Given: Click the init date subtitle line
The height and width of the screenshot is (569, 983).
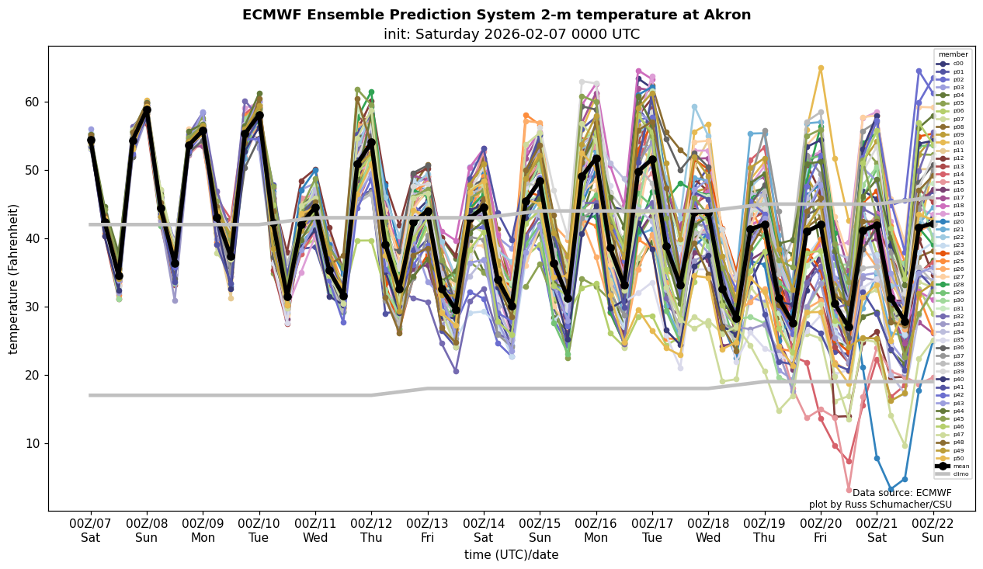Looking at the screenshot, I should [x=512, y=34].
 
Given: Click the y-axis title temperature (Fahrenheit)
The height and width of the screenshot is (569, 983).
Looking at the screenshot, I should [x=14, y=279].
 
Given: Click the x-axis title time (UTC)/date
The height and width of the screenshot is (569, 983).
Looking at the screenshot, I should [x=511, y=555].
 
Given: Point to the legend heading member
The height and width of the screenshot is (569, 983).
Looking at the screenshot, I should [x=953, y=55].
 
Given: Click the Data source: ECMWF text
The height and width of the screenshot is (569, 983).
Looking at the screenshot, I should [x=901, y=493].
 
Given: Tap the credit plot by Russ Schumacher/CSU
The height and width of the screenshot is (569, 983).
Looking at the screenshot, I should [x=880, y=505].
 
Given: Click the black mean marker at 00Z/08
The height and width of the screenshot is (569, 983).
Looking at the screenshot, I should [x=147, y=110].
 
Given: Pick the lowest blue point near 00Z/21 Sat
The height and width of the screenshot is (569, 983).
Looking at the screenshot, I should [x=891, y=491].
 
